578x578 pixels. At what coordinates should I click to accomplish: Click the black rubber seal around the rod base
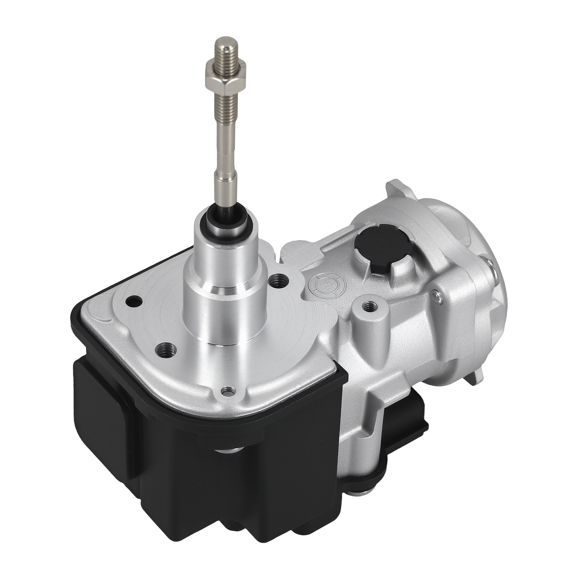tap(224, 217)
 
